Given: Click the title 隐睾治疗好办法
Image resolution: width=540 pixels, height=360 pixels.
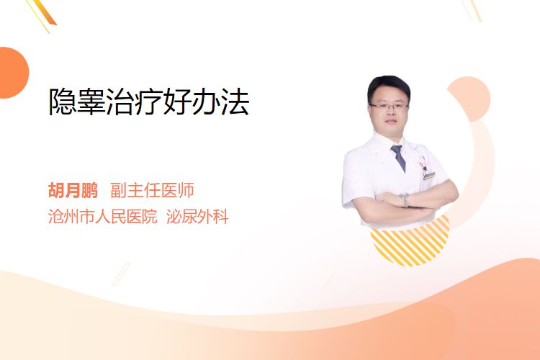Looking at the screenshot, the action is click(x=149, y=102).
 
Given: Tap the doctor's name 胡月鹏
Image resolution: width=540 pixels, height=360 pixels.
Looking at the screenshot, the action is click(x=73, y=190).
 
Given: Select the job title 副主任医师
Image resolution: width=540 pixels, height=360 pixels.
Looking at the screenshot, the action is click(x=152, y=190).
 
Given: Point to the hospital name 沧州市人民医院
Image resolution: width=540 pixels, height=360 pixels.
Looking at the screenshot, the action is click(x=103, y=216).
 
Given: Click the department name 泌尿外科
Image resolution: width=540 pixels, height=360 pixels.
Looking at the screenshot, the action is click(x=197, y=216).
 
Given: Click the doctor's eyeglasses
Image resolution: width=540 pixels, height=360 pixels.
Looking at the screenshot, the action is click(x=389, y=106).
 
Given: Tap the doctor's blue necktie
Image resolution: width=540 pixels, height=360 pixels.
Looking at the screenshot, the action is click(x=398, y=158).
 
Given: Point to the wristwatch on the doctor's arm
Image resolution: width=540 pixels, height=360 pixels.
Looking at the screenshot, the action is click(x=404, y=200).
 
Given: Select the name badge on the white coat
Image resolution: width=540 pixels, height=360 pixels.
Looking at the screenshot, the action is click(x=428, y=176).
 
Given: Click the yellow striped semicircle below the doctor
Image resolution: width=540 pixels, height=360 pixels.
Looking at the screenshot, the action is click(x=410, y=245).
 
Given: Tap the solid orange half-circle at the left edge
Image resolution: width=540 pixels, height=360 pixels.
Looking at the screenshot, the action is click(x=13, y=73).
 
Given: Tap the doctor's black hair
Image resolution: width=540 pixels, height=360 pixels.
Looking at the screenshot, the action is click(x=388, y=86).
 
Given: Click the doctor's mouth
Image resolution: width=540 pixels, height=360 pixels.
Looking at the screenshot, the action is click(x=391, y=122).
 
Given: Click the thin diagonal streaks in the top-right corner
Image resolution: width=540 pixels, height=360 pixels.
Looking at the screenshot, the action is click(x=472, y=10).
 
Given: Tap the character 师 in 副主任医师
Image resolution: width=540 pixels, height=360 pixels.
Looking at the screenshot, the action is click(x=186, y=190).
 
